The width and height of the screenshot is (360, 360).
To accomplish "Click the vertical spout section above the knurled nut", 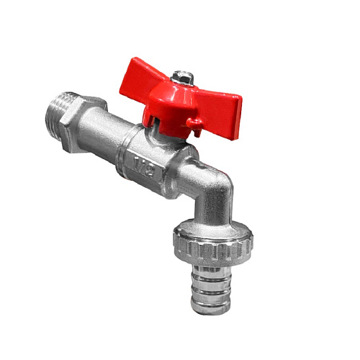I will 213,216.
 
